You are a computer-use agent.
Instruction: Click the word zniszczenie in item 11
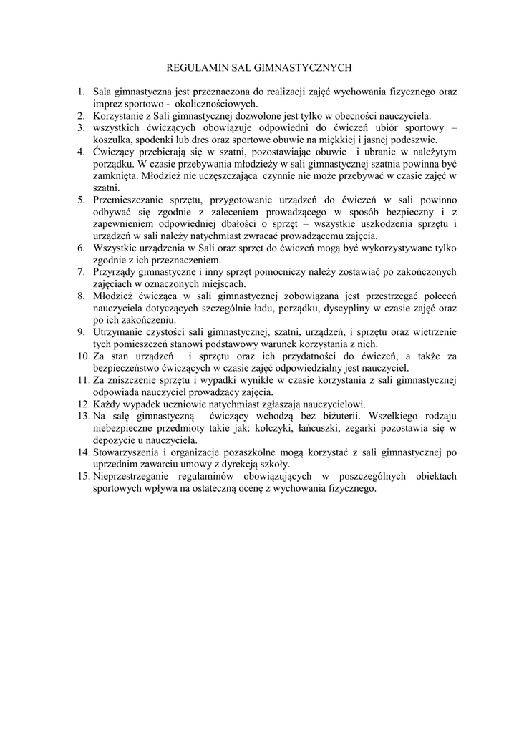135,380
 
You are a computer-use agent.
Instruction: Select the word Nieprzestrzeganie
133,477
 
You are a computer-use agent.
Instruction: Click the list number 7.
81,271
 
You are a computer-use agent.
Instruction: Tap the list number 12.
81,404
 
